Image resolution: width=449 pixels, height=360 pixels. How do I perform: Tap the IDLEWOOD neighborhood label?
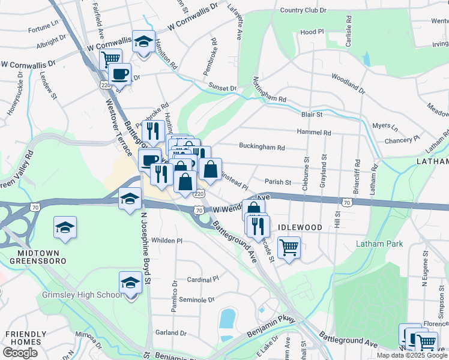pos(300,228)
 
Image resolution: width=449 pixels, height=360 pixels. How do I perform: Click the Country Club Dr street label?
pos(303,11)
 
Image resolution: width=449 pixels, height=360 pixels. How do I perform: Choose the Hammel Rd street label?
pos(313,133)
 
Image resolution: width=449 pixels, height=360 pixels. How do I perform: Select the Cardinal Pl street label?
pos(203,280)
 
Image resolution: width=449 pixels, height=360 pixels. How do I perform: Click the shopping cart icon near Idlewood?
pos(289,247)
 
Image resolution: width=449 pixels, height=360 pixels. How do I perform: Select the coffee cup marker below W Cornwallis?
pos(119,74)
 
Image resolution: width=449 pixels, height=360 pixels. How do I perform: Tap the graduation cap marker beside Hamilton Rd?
pos(143,41)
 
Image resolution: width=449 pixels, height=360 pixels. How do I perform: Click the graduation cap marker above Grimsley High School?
pos(130,281)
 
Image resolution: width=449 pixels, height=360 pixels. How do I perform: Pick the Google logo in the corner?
pos(20,353)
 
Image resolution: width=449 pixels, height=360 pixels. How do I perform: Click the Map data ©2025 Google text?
pos(412,355)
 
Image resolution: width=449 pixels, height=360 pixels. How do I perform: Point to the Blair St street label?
pos(312,114)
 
